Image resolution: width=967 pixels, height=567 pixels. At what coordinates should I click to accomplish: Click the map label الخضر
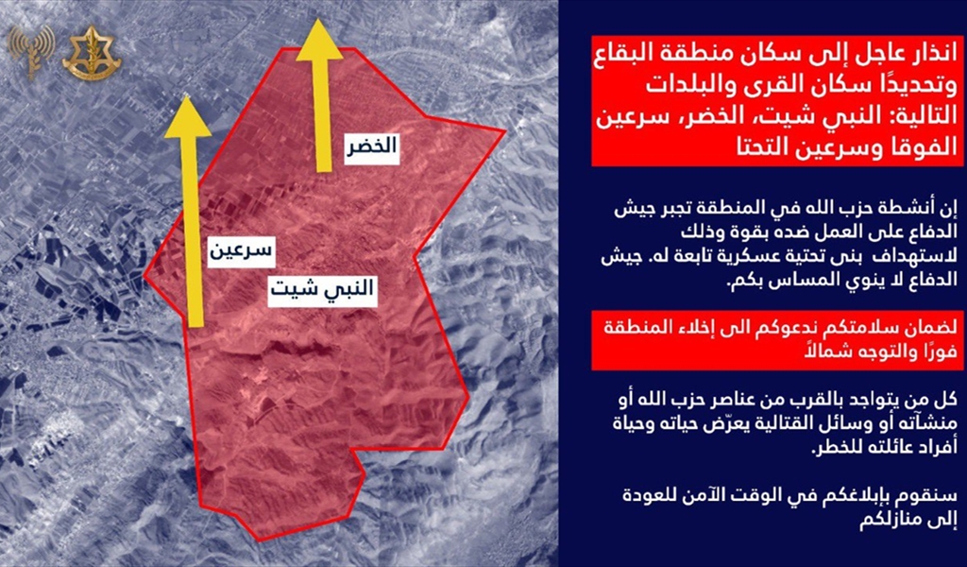(x=371, y=148)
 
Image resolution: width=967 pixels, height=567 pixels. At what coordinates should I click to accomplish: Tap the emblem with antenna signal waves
(x=31, y=52)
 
